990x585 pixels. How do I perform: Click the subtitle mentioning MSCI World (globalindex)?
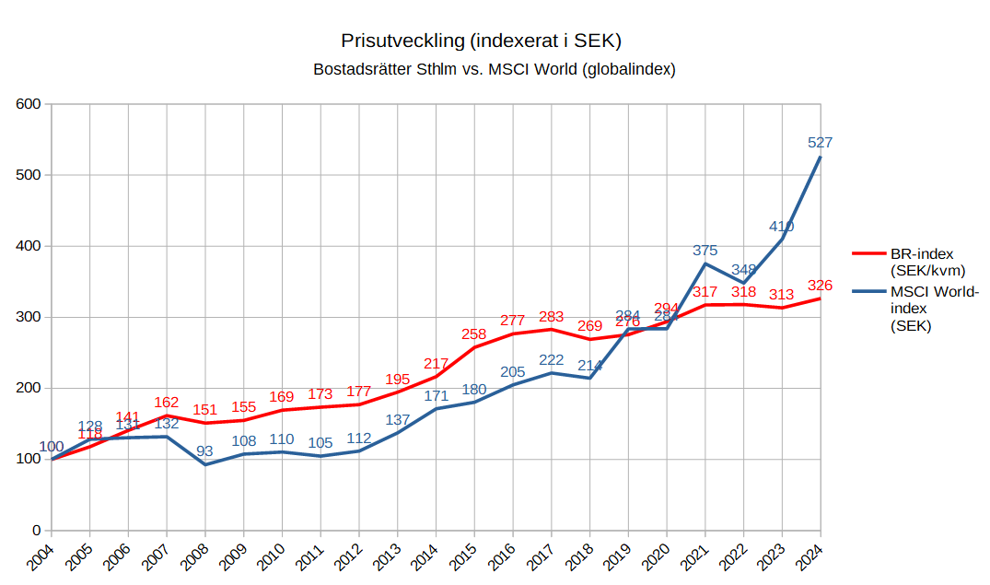click(x=495, y=69)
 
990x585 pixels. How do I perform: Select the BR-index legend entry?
click(x=922, y=262)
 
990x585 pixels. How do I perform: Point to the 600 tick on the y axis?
click(x=29, y=104)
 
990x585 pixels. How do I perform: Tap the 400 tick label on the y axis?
click(x=29, y=246)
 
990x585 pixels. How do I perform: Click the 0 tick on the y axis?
click(x=37, y=531)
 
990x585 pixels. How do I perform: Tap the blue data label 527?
click(x=820, y=142)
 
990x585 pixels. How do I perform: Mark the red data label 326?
click(x=820, y=285)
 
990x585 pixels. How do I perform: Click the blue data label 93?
click(x=205, y=450)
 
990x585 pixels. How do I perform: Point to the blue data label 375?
click(x=705, y=250)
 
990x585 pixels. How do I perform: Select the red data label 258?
click(x=473, y=333)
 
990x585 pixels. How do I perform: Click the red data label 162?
click(x=167, y=402)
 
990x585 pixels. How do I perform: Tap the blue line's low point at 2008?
click(x=205, y=464)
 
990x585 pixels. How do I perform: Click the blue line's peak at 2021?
click(x=705, y=263)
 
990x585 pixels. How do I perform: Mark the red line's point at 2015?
click(x=474, y=347)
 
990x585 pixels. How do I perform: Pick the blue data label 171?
click(x=436, y=395)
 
